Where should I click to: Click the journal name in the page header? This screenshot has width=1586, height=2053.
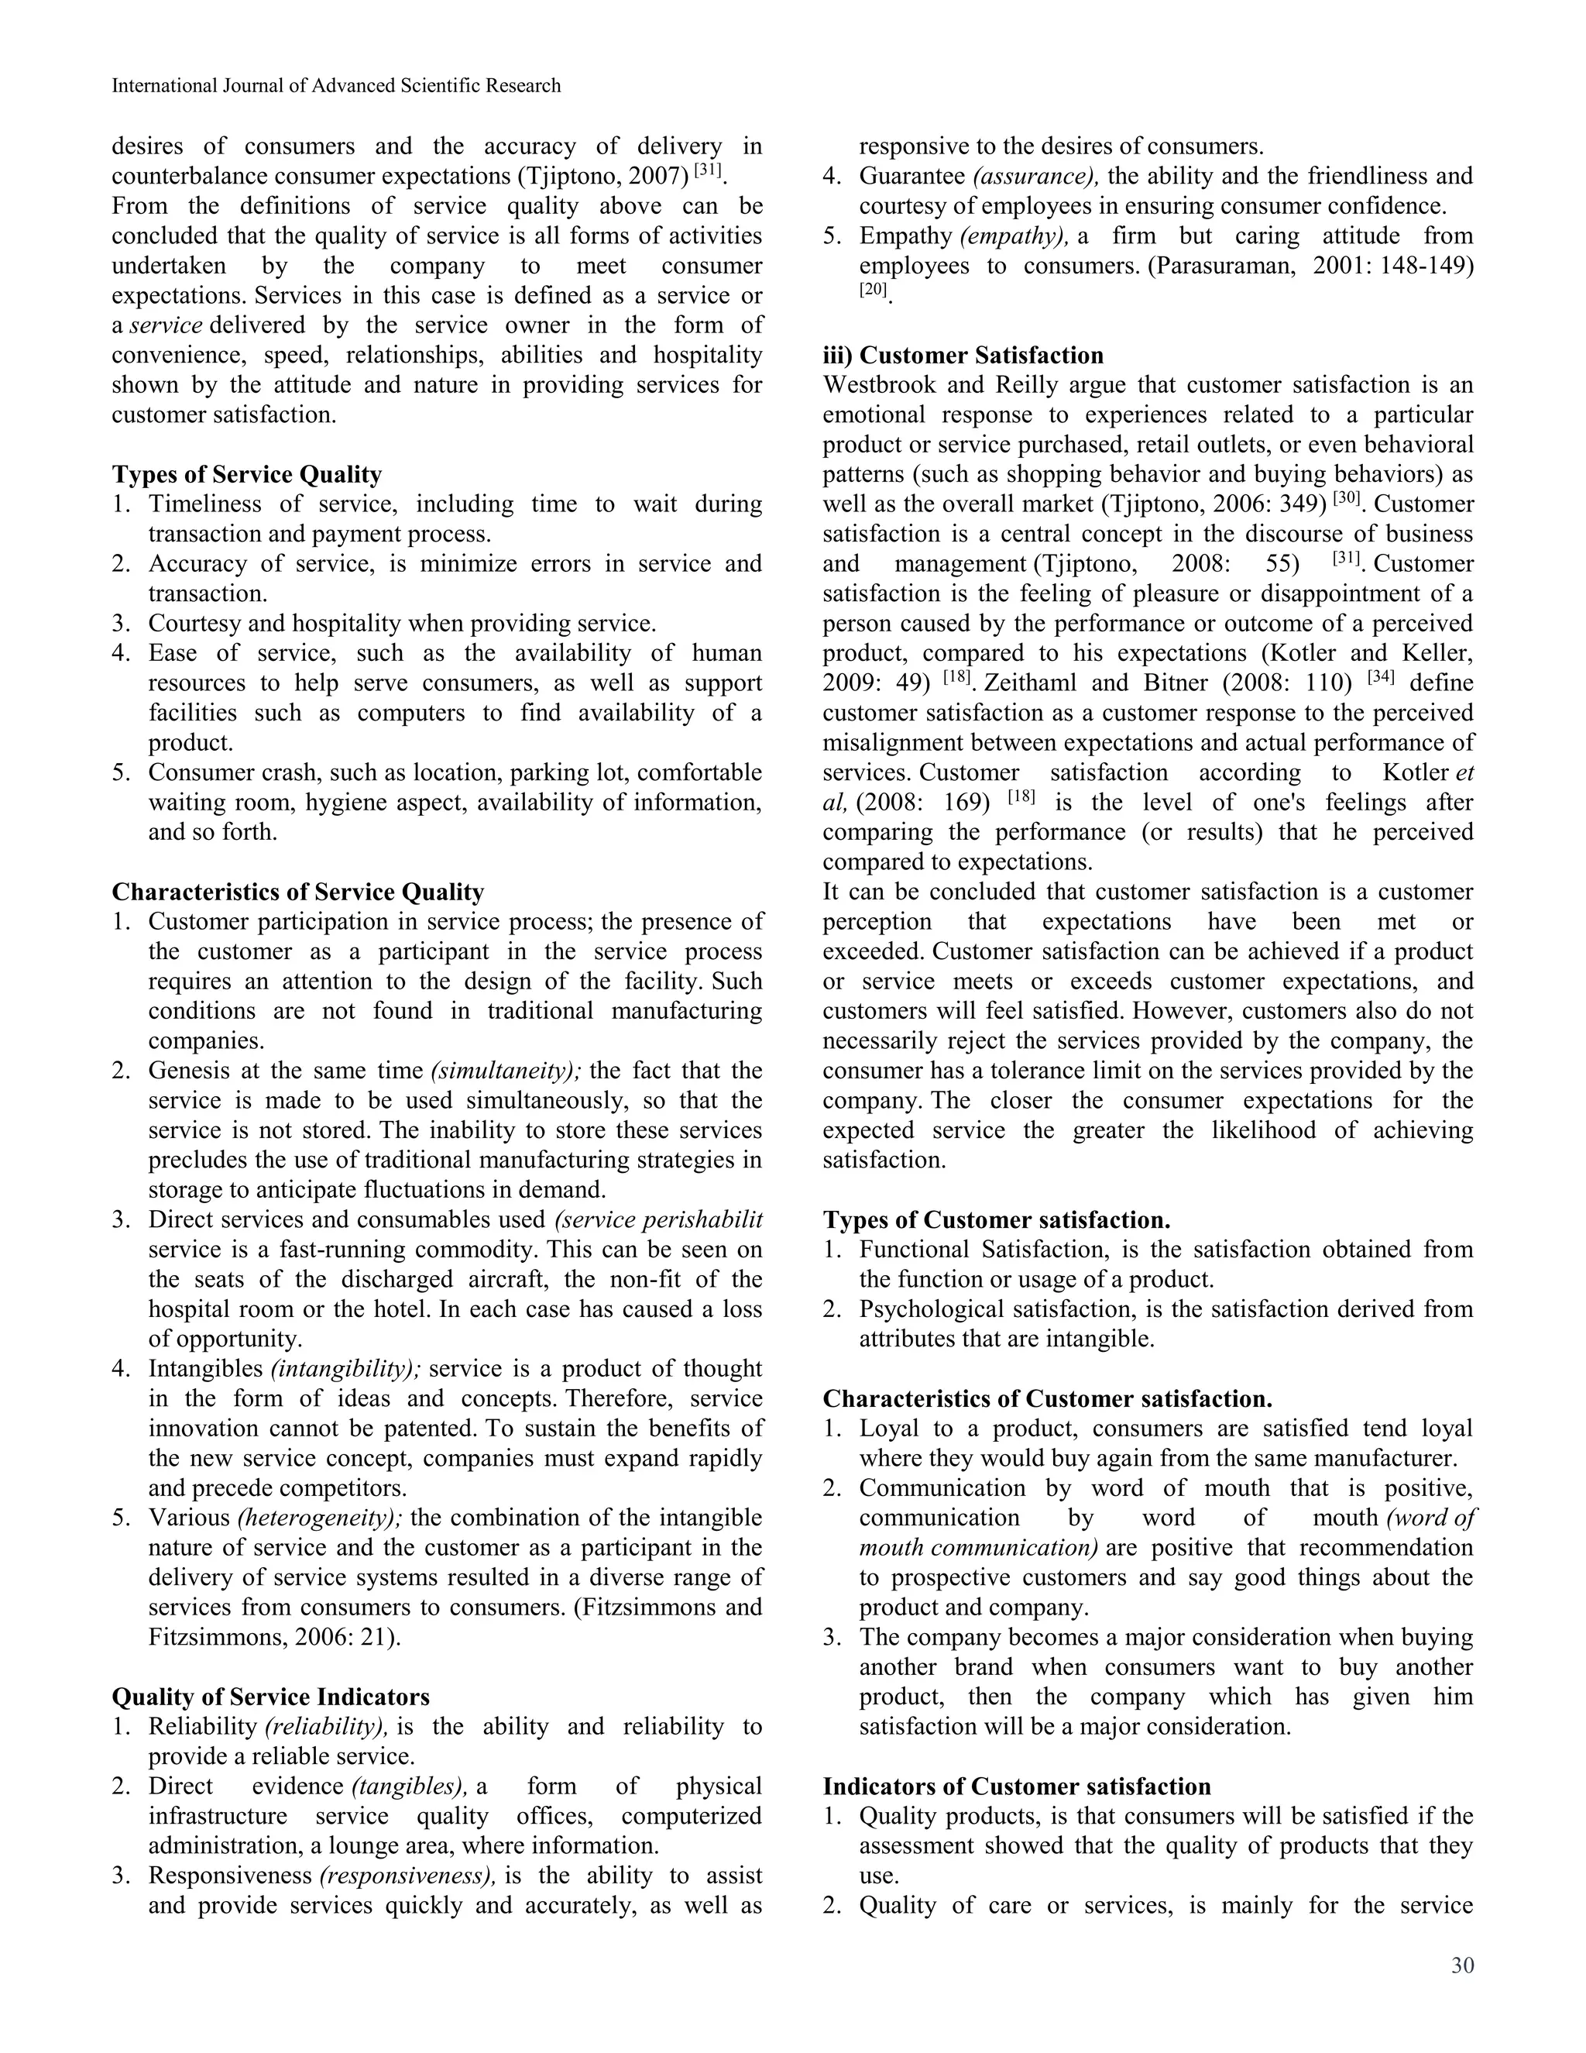click(x=335, y=85)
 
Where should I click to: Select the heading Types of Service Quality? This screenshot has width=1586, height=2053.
click(x=246, y=474)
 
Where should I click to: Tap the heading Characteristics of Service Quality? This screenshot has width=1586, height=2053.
click(x=297, y=891)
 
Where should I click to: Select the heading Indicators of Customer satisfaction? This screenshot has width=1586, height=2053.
click(x=1016, y=1786)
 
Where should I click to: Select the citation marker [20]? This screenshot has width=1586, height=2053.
click(x=873, y=290)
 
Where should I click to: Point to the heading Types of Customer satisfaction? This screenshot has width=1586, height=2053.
click(x=996, y=1219)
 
